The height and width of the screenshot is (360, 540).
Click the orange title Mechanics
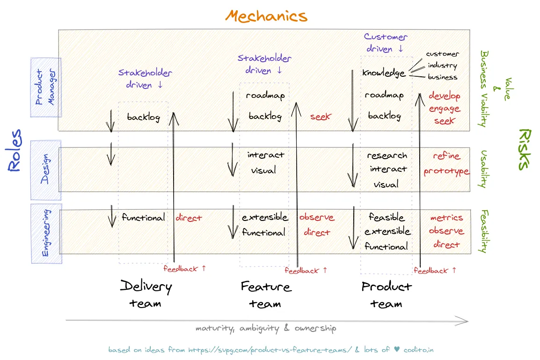coord(266,16)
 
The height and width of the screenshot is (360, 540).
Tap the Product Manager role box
coord(45,87)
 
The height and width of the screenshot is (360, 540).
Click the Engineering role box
coord(46,233)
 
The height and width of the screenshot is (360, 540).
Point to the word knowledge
coord(384,73)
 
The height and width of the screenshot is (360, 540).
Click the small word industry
coord(442,66)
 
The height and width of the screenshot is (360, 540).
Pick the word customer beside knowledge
coord(442,54)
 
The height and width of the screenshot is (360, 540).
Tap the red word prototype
coord(446,171)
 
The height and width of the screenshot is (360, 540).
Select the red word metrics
coord(446,218)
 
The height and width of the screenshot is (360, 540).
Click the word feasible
coord(386,217)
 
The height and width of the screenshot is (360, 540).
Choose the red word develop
coord(445,96)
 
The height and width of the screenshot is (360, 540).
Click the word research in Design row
coord(387,155)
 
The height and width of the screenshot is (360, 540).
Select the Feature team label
coord(265,294)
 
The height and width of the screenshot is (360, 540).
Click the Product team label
coord(386,294)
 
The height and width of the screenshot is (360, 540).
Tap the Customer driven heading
coord(385,43)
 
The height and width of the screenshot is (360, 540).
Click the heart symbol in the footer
coord(397,350)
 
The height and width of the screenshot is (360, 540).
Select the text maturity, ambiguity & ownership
coord(265,328)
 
